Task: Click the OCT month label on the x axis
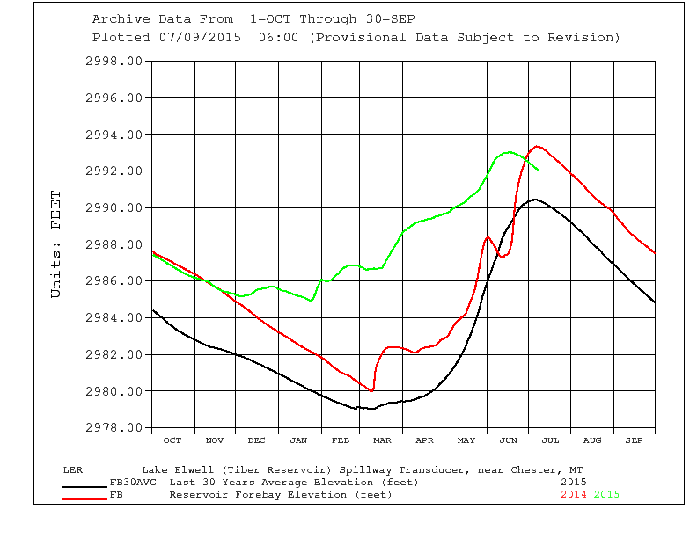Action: (x=172, y=440)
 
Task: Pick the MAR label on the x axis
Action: (x=383, y=440)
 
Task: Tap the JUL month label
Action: (x=550, y=440)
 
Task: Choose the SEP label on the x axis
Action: (x=635, y=440)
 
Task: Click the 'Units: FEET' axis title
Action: (x=56, y=244)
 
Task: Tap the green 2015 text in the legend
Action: (x=606, y=494)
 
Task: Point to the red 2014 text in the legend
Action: (x=575, y=494)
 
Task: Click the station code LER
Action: (x=73, y=469)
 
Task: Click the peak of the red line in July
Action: (x=537, y=147)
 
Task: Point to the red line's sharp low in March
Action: (x=373, y=390)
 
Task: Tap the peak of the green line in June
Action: (x=509, y=152)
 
